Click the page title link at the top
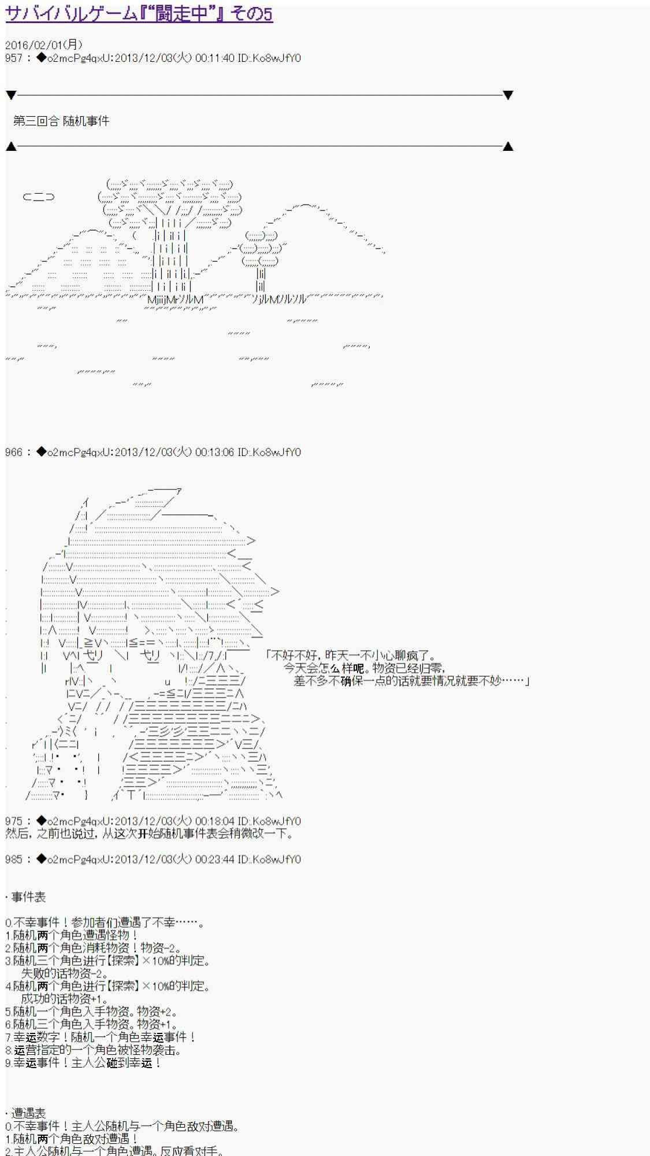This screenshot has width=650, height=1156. pyautogui.click(x=139, y=14)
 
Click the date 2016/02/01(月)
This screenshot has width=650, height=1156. pyautogui.click(x=44, y=45)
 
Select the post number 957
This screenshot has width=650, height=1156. pyautogui.click(x=13, y=58)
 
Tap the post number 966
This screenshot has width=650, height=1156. pyautogui.click(x=13, y=452)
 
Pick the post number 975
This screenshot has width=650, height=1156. pyautogui.click(x=13, y=821)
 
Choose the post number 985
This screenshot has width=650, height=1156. pyautogui.click(x=13, y=859)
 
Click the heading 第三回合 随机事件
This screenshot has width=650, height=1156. pyautogui.click(x=61, y=121)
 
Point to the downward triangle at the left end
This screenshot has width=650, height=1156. pyautogui.click(x=11, y=95)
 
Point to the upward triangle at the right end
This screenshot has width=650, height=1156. pyautogui.click(x=508, y=146)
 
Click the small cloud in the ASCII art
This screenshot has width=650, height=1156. pyautogui.click(x=39, y=197)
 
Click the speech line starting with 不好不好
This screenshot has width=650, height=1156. pyautogui.click(x=352, y=655)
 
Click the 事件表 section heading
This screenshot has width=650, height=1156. pyautogui.click(x=28, y=897)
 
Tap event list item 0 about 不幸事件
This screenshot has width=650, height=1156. pyautogui.click(x=104, y=922)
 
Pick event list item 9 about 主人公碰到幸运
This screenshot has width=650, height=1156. pyautogui.click(x=83, y=1062)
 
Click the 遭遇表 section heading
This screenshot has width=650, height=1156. pyautogui.click(x=28, y=1113)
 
